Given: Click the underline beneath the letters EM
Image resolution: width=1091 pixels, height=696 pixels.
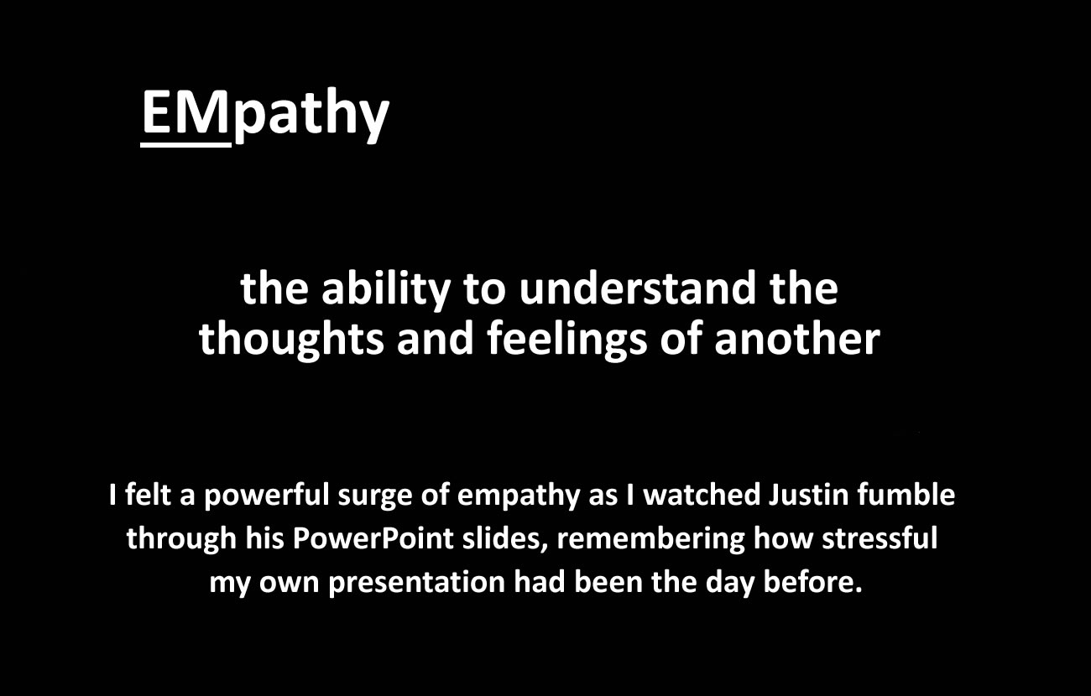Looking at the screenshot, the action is click(185, 144).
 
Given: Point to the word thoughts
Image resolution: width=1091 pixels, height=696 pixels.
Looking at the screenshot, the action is click(291, 340).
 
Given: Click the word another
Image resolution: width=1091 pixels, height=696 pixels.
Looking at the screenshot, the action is click(797, 340).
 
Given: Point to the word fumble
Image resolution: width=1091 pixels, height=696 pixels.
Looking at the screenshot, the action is click(906, 495).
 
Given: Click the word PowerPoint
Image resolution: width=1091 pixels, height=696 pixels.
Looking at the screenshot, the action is click(373, 538).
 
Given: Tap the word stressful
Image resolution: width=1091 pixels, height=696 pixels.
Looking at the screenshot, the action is click(880, 538).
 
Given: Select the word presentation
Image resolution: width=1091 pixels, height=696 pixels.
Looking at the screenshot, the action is click(417, 583).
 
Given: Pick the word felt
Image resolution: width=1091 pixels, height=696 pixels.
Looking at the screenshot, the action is click(148, 495).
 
